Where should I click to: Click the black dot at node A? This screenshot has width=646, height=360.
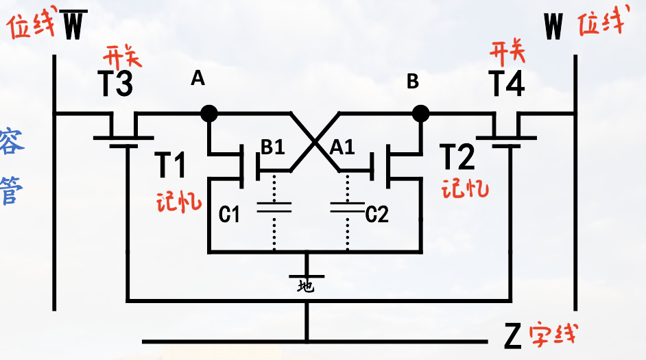click(x=208, y=112)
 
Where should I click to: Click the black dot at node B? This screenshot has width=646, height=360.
click(x=420, y=112)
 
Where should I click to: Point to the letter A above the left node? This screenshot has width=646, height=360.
click(x=198, y=80)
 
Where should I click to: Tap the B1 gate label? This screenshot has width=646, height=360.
click(x=272, y=147)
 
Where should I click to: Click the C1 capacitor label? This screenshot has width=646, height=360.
click(x=229, y=215)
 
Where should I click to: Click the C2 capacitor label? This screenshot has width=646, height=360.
click(x=376, y=215)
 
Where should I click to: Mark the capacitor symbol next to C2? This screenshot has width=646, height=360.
click(x=347, y=207)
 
